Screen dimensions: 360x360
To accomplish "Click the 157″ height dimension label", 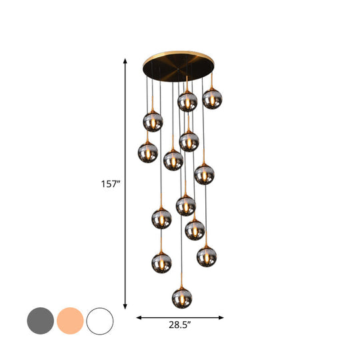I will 109,183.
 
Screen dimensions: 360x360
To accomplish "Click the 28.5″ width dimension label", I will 180,326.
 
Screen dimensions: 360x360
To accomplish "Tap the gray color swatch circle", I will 40,321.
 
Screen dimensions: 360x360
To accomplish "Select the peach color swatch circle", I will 70,321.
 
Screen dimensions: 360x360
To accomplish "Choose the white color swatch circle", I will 100,321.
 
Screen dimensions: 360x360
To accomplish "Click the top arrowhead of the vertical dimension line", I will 125,61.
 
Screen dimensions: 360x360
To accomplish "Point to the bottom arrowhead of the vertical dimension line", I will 125,307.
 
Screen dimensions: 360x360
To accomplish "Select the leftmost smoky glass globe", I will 148,152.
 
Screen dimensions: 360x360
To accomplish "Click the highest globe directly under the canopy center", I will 187,101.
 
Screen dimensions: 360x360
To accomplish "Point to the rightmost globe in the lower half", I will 207,255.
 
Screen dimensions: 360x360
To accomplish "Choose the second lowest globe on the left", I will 161,217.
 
